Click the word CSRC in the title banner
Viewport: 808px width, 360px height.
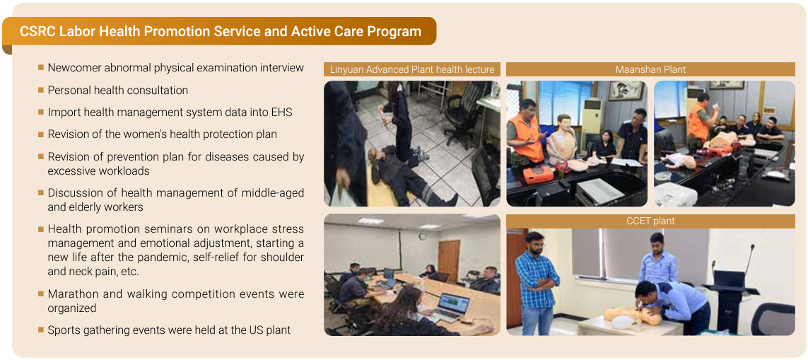pyautogui.click(x=37, y=31)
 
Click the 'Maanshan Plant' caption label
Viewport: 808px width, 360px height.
pyautogui.click(x=650, y=69)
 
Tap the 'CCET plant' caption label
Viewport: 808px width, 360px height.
pyautogui.click(x=650, y=221)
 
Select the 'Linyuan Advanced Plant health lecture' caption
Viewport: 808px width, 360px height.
pyautogui.click(x=411, y=69)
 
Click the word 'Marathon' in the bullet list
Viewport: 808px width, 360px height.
pyautogui.click(x=69, y=294)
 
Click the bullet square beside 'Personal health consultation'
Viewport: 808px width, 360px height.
pyautogui.click(x=41, y=90)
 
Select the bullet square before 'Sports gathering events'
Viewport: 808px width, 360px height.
pyautogui.click(x=41, y=329)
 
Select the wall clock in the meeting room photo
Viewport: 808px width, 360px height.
pyautogui.click(x=422, y=236)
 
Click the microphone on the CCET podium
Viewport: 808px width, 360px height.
pyautogui.click(x=748, y=259)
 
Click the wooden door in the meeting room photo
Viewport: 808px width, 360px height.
pyautogui.click(x=448, y=260)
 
